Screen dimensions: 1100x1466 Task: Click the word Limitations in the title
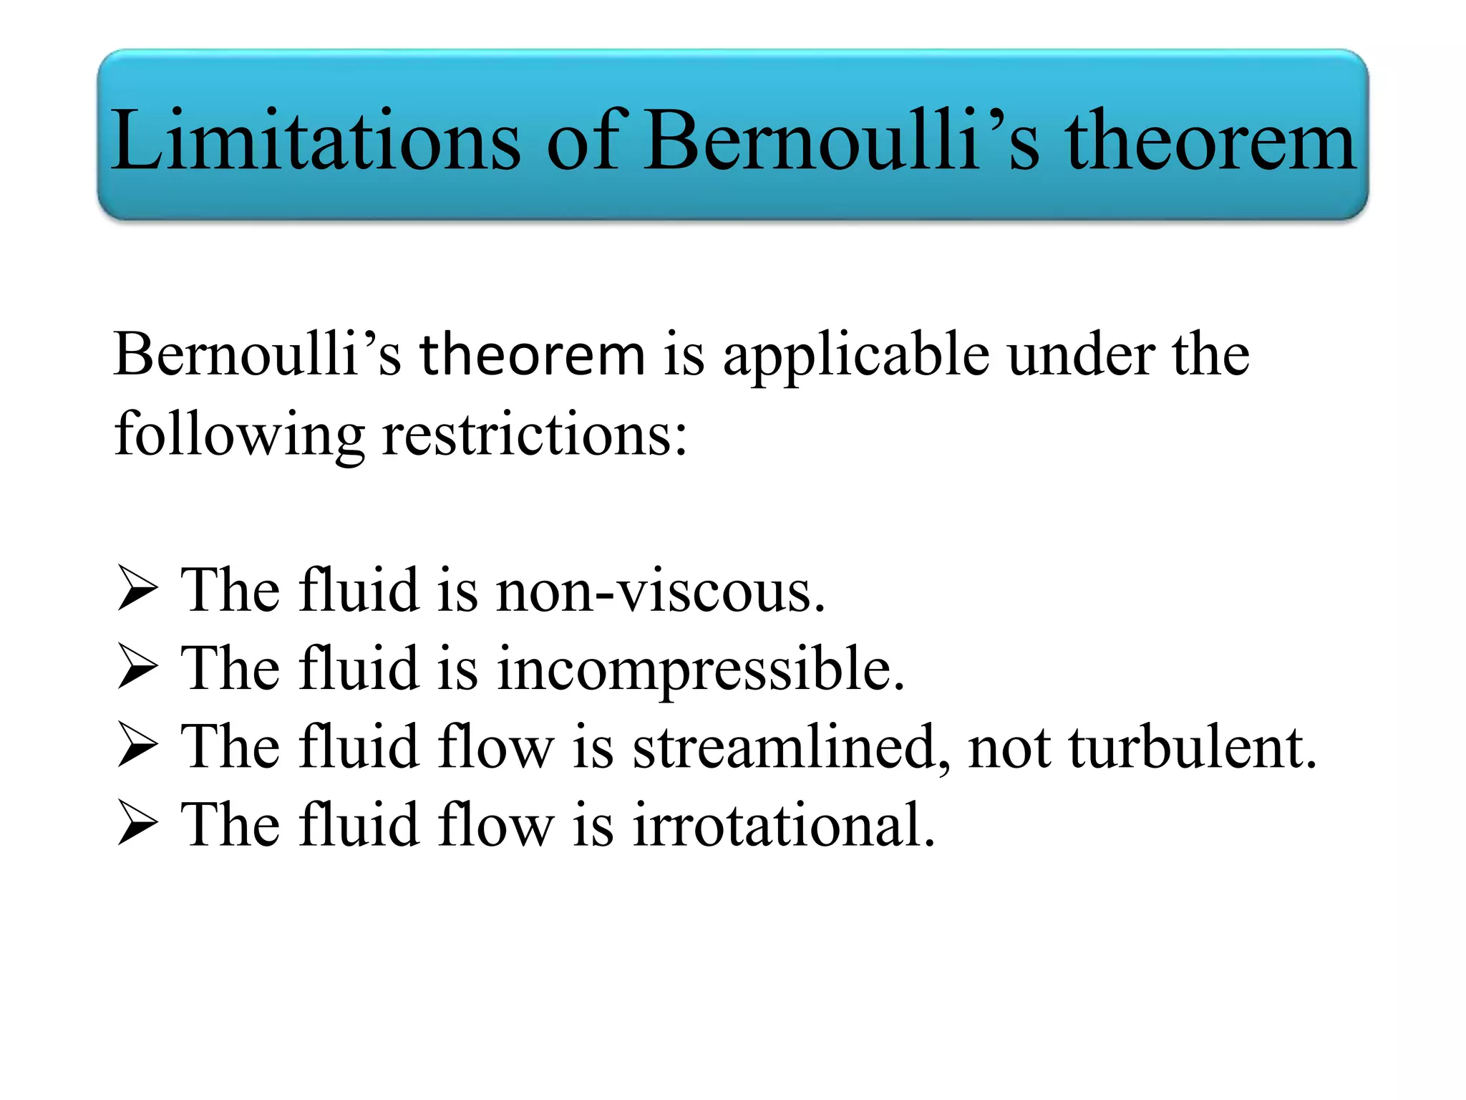(x=316, y=140)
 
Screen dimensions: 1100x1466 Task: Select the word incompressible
(x=701, y=670)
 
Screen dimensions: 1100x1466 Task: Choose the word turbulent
(x=1193, y=748)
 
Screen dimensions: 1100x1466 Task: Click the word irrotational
(x=783, y=825)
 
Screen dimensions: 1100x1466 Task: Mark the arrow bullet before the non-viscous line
(x=137, y=589)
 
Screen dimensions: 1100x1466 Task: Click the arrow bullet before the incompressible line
(x=137, y=667)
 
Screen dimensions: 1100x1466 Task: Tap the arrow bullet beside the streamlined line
(x=137, y=746)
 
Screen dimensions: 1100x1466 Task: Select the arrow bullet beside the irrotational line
(x=137, y=824)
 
